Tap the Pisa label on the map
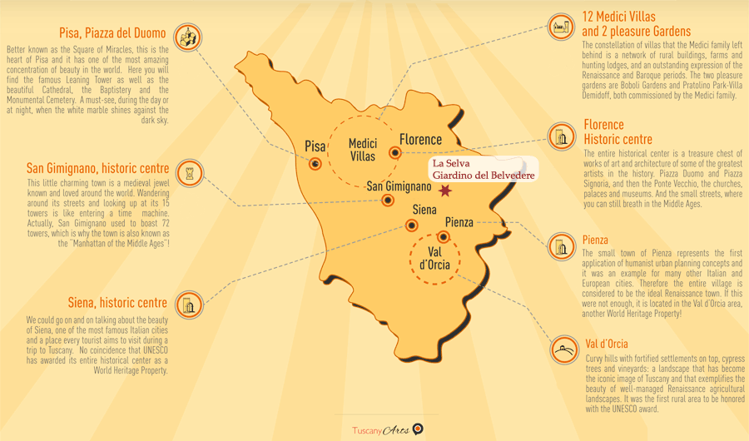[x=315, y=146]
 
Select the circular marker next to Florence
[x=395, y=153]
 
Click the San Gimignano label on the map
[x=399, y=186]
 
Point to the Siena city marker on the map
[x=412, y=225]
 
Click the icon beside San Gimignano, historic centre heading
[x=191, y=171]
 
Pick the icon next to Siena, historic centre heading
[x=189, y=305]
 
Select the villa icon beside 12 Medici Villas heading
[x=561, y=27]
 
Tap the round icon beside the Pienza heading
[x=560, y=246]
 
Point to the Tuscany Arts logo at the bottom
[x=388, y=429]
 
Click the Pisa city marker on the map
[x=315, y=164]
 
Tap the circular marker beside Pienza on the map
[x=443, y=237]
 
